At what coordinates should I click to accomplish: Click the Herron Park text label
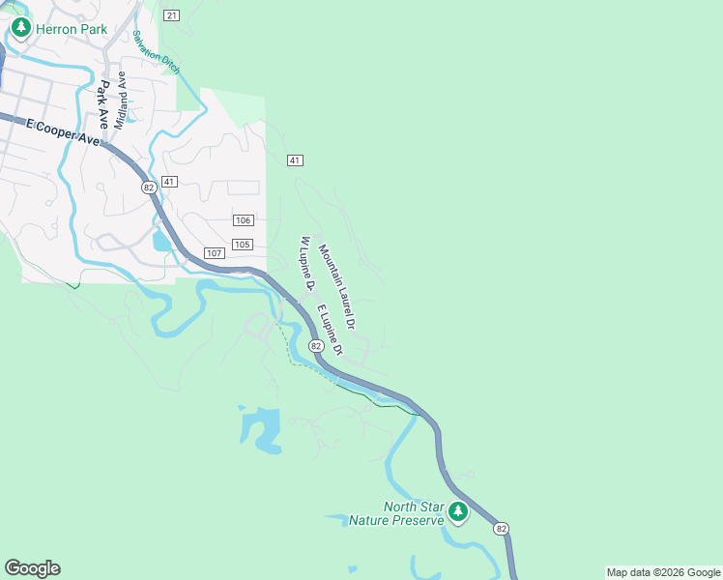tap(72, 29)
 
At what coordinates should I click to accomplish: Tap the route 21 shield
tap(171, 14)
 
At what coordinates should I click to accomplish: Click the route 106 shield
tap(244, 220)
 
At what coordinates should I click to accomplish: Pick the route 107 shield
tap(215, 253)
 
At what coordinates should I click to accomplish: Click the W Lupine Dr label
tap(307, 263)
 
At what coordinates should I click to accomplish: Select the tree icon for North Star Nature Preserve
tap(457, 511)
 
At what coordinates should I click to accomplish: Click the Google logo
tap(32, 568)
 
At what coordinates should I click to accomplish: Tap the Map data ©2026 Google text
tap(662, 572)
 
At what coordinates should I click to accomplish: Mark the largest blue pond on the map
tap(261, 427)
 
